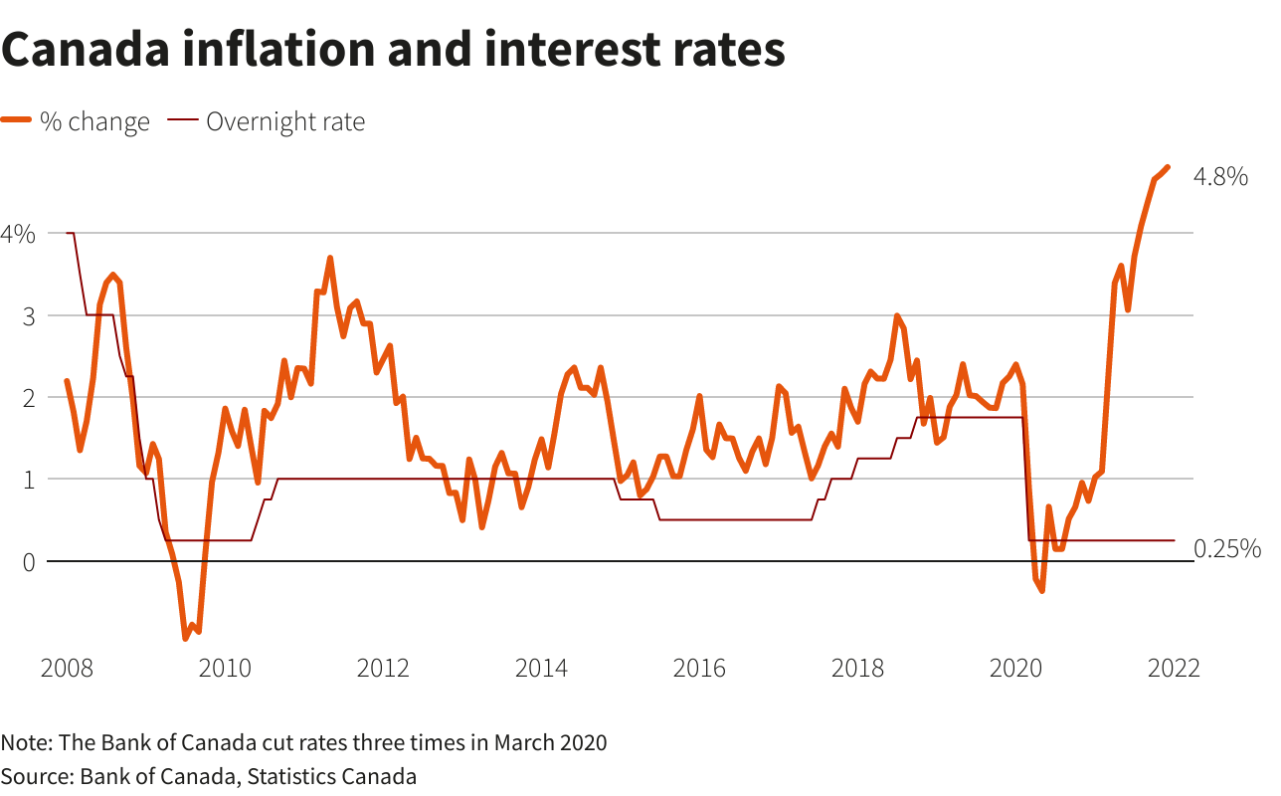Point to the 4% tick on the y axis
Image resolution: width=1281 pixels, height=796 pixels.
pos(18,234)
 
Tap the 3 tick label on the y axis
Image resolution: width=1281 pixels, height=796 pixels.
pos(29,316)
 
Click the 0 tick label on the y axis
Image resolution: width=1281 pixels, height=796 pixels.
pos(28,562)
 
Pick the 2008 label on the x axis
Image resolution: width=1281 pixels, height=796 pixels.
pos(67,668)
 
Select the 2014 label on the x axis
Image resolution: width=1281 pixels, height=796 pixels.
pos(541,668)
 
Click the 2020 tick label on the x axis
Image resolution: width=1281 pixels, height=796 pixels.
pos(1015,668)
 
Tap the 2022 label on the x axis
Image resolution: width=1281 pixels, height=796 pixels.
pos(1174,668)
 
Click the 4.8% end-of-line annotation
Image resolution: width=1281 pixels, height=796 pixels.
pos(1219,177)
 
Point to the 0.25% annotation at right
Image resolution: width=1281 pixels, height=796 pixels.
pos(1226,548)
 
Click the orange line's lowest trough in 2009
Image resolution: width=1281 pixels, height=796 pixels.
pos(185,638)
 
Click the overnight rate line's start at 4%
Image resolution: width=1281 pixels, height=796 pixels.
pos(68,233)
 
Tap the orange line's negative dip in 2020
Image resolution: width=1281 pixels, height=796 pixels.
pos(1041,591)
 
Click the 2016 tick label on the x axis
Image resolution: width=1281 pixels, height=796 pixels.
pos(699,668)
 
